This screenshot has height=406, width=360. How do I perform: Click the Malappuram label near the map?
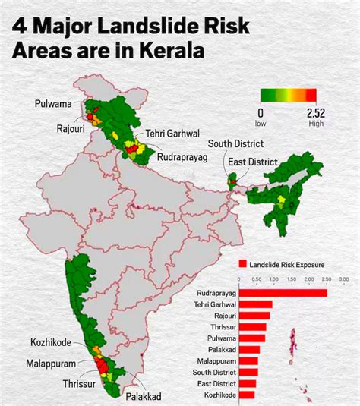50,363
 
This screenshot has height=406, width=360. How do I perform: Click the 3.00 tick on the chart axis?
343,280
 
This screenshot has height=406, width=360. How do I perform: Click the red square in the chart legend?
243,264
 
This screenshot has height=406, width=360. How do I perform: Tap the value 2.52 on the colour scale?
316,112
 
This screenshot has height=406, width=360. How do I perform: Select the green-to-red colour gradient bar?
288,95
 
